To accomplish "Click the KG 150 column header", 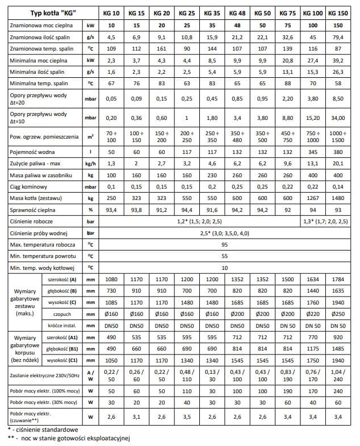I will pos(339,12).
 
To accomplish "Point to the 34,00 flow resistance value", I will pos(339,118).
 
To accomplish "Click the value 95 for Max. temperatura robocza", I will pos(224,244).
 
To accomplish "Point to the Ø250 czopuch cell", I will pos(339,314).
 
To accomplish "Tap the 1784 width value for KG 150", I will pos(339,280).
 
